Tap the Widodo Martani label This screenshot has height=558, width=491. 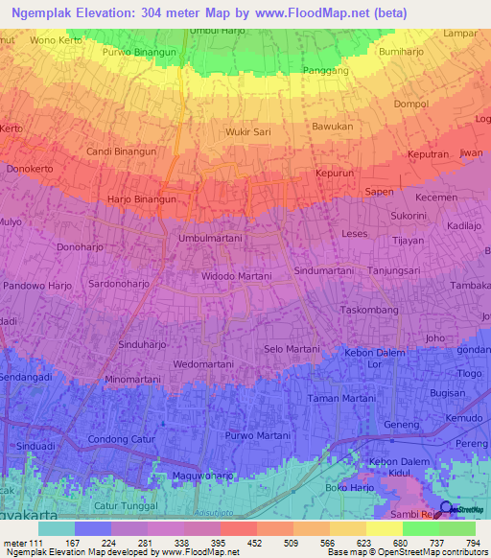click(236, 276)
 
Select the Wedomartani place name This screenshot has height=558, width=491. click(203, 364)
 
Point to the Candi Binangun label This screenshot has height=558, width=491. click(121, 151)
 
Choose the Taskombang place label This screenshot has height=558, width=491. click(369, 312)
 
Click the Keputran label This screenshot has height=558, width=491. click(429, 153)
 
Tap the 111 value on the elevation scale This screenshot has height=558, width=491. click(37, 543)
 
